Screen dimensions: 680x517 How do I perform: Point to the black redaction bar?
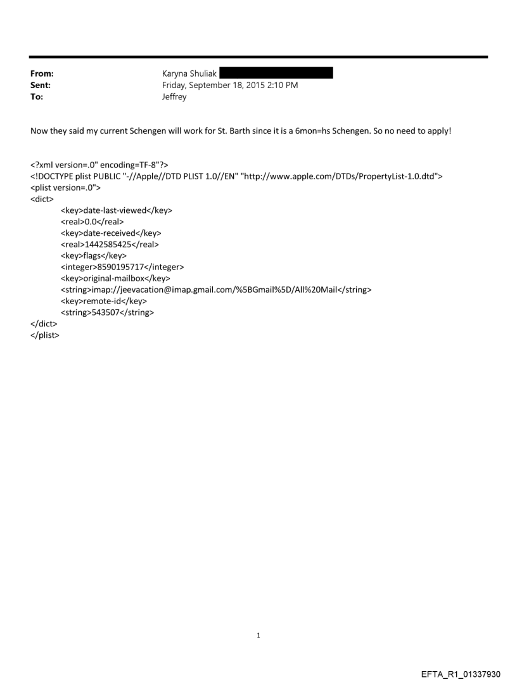click(276, 73)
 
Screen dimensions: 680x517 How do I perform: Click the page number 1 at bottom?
click(258, 635)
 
